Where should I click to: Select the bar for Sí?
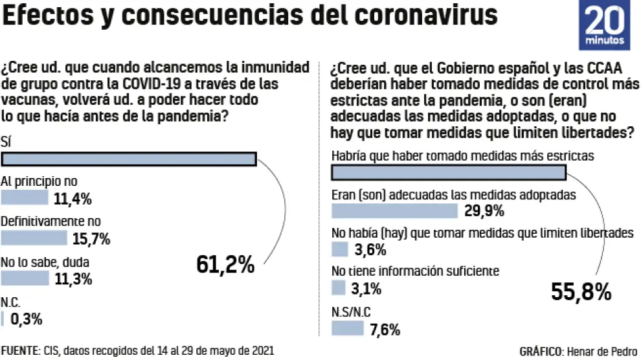click(x=129, y=160)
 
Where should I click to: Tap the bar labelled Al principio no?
click(x=25, y=197)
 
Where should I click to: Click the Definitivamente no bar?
click(x=34, y=238)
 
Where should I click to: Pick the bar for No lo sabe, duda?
click(x=25, y=278)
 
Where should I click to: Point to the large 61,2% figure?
click(x=225, y=265)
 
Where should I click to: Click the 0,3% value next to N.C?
click(x=27, y=319)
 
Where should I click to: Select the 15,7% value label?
click(x=91, y=239)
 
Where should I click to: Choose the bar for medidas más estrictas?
click(x=448, y=172)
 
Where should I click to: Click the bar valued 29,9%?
click(x=394, y=211)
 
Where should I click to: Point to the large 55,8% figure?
click(x=581, y=292)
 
